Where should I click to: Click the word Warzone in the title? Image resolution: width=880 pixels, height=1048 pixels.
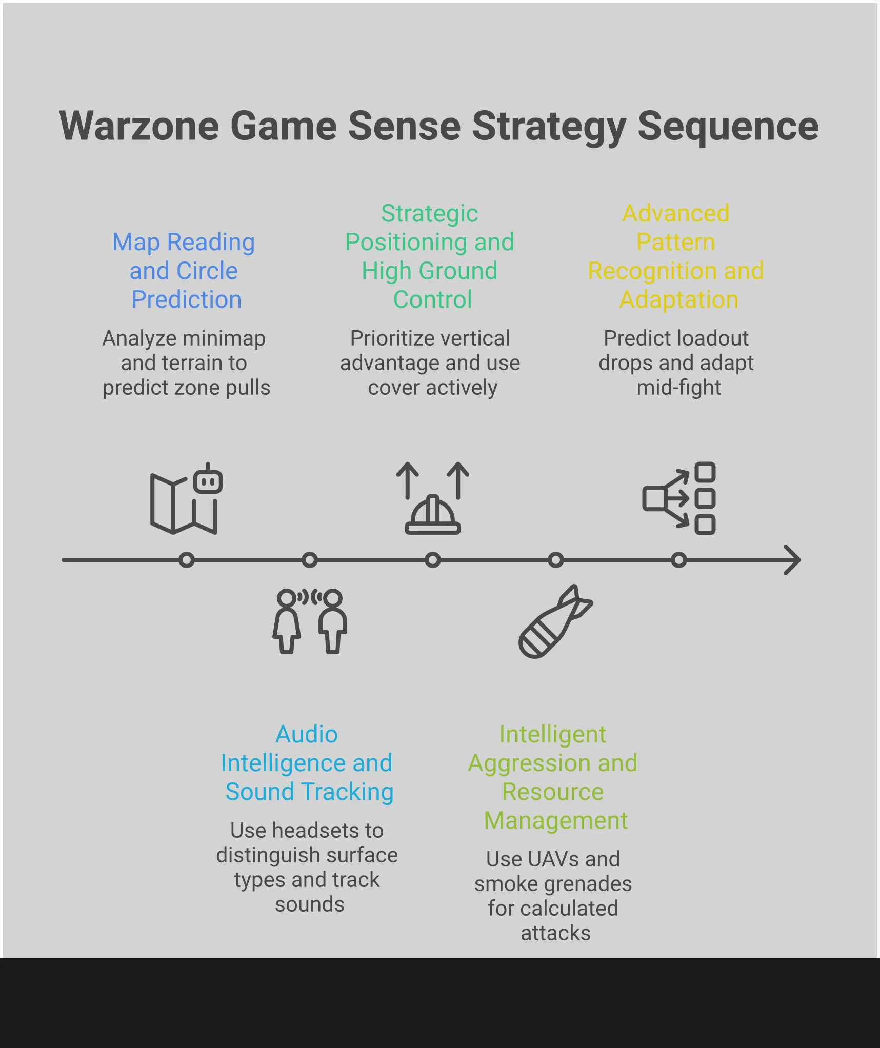coord(139,126)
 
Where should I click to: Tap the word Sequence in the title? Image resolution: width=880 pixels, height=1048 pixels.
coord(728,126)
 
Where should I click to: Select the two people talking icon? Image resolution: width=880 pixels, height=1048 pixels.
coord(310,621)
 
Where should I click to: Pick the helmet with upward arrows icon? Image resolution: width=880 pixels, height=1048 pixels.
coord(433,499)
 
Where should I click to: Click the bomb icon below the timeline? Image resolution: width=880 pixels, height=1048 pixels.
coord(555,621)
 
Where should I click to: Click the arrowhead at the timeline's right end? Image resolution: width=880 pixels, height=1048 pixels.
coord(793,560)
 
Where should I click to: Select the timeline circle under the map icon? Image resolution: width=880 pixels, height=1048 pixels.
coord(187,560)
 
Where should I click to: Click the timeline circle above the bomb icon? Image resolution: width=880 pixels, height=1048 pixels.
coord(556,560)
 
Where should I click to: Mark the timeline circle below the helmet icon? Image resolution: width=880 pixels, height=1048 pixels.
coord(433,560)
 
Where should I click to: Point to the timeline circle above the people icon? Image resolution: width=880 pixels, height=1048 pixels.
coord(310,560)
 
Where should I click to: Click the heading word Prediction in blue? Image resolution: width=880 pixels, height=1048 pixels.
coord(186,299)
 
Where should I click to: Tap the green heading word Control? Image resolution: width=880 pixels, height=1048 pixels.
coord(432,299)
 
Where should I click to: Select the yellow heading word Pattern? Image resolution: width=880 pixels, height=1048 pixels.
coord(675,242)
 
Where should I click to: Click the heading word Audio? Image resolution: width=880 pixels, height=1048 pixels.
coord(307,734)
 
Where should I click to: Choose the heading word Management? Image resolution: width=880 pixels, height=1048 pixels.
coord(555,820)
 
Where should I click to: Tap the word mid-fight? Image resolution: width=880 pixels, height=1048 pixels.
coord(678,388)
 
